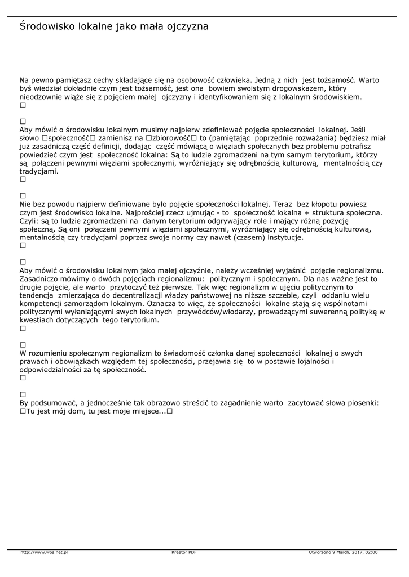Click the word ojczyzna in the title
coord(186,27)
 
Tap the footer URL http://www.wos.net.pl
coord(44,552)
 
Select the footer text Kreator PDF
coord(184,552)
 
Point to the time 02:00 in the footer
coord(371,552)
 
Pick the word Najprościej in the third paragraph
coord(163,212)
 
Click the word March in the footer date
coord(338,552)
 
